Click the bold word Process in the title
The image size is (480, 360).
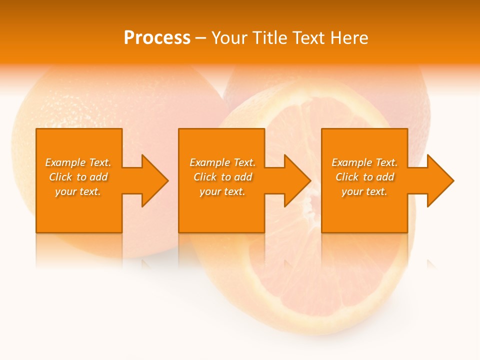point(157,38)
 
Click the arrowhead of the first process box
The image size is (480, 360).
point(152,180)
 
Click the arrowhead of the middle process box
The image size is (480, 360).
point(295,180)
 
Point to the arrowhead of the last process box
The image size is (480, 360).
point(438,180)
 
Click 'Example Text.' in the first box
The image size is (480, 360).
point(78,162)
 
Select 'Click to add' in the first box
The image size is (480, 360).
point(78,177)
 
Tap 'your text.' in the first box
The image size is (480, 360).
point(78,191)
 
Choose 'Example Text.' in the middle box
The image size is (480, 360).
point(222,162)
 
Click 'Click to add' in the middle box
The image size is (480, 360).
point(222,177)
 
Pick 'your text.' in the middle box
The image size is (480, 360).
point(222,191)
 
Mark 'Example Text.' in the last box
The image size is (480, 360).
point(364,162)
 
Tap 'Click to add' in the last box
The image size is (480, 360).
point(364,177)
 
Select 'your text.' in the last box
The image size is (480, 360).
point(364,191)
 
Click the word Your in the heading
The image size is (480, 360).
point(230,38)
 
